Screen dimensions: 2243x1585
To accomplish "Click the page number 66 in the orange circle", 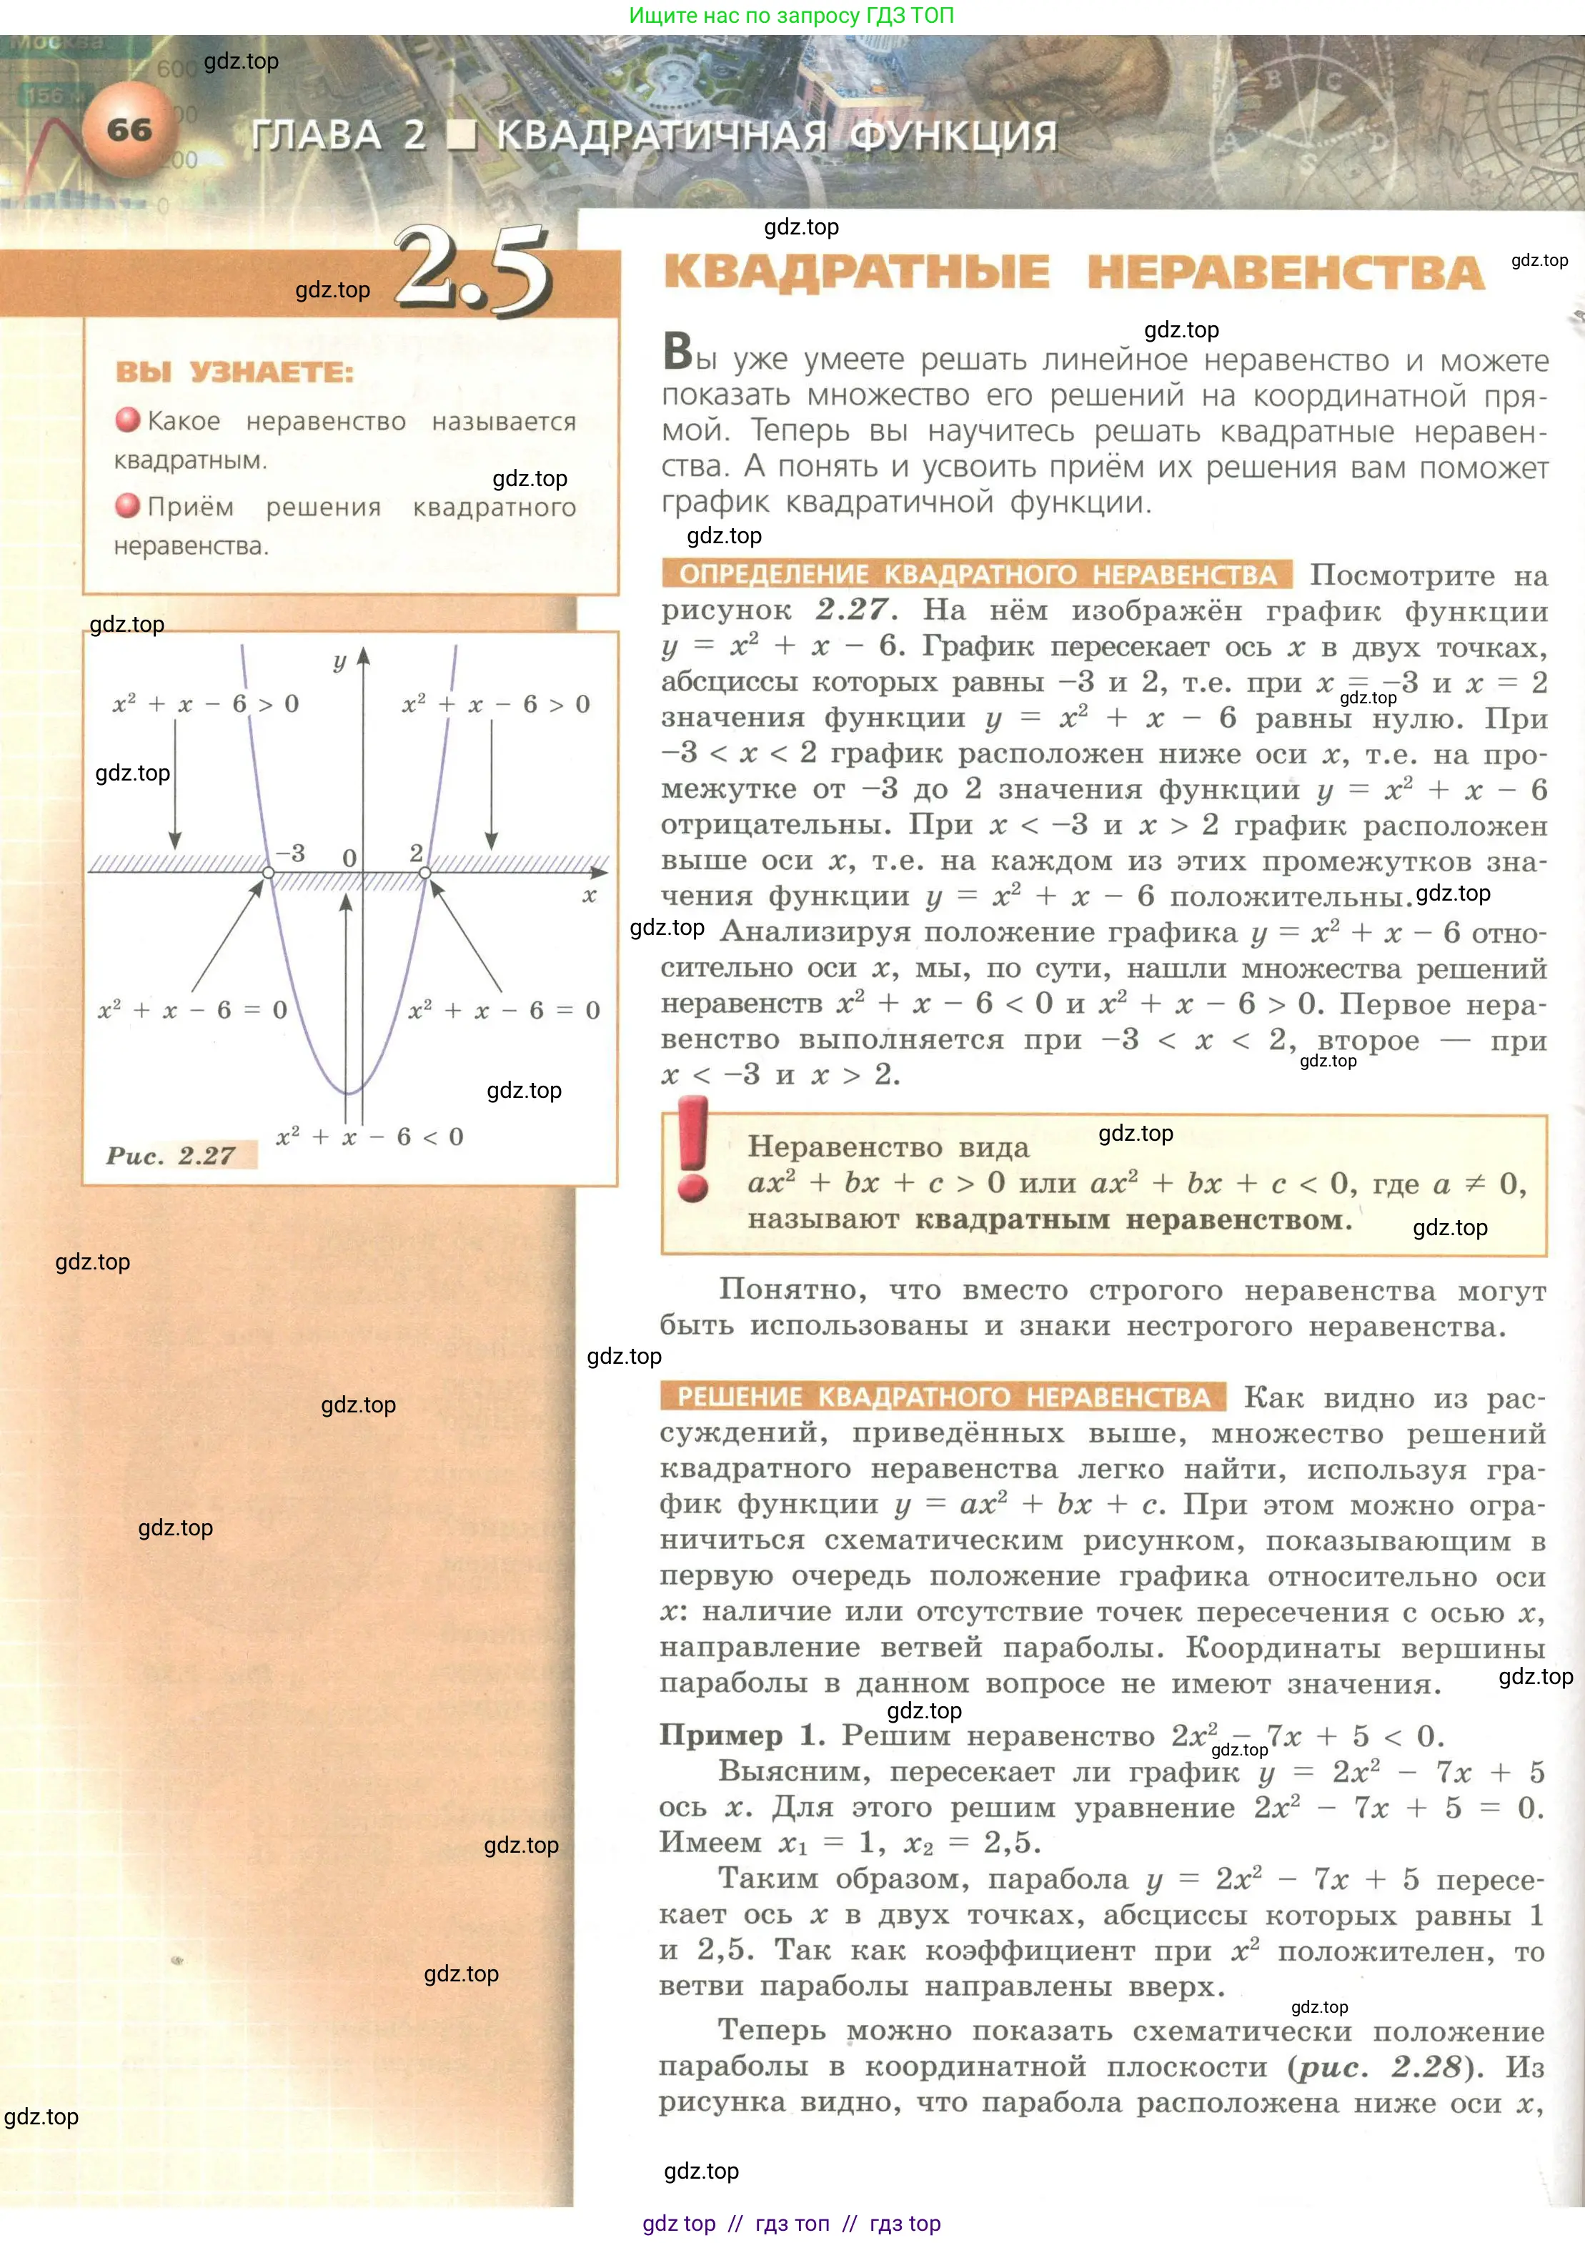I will click(130, 130).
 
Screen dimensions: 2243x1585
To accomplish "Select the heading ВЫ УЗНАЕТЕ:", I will click(234, 372).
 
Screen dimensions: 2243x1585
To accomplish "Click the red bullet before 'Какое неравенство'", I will click(128, 420).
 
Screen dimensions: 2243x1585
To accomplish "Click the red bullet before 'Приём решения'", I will click(128, 506).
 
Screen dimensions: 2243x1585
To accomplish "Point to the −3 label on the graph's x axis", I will click(290, 853).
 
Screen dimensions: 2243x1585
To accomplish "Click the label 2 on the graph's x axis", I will click(416, 852).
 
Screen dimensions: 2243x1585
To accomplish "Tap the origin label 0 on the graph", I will click(349, 858).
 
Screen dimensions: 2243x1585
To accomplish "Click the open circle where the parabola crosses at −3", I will click(269, 871).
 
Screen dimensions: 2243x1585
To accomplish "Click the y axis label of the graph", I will click(340, 661).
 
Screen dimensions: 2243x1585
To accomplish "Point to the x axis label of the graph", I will click(589, 895).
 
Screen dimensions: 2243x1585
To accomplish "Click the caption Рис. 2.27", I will click(171, 1156).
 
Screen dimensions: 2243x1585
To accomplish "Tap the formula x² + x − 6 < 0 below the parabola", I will click(370, 1137).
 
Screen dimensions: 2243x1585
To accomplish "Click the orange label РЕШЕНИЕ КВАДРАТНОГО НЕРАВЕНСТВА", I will click(943, 1396).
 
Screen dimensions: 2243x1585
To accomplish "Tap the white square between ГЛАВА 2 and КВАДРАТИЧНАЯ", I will click(461, 136).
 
